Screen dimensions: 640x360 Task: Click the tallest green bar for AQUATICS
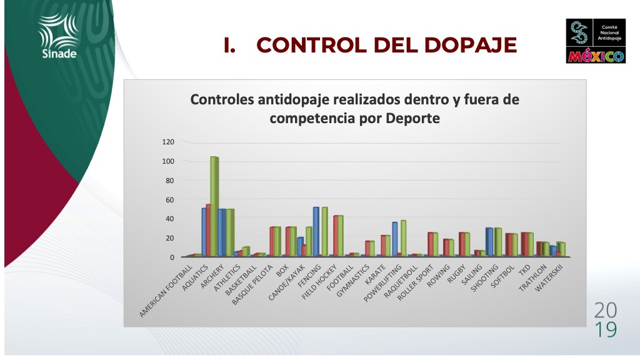(214, 206)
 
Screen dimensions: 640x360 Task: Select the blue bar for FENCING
(316, 232)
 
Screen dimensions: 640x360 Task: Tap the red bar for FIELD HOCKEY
(336, 236)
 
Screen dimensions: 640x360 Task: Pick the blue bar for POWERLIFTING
(395, 239)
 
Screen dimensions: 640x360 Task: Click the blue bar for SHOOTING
(489, 242)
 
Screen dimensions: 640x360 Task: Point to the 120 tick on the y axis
(168, 142)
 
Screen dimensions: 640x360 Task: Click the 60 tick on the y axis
(170, 199)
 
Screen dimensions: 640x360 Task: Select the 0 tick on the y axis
(172, 257)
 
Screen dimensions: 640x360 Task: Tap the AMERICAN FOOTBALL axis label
(166, 291)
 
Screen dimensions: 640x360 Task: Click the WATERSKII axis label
(549, 278)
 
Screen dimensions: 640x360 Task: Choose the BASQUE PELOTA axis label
(252, 285)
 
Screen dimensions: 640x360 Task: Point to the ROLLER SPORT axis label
(415, 282)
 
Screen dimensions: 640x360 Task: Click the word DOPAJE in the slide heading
(471, 45)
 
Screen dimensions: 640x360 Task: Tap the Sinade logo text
(59, 54)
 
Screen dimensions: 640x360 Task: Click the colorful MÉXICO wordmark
(596, 56)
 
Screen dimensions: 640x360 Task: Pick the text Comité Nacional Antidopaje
(609, 32)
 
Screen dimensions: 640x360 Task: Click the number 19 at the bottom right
(606, 330)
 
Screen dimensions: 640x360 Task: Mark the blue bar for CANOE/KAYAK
(300, 246)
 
